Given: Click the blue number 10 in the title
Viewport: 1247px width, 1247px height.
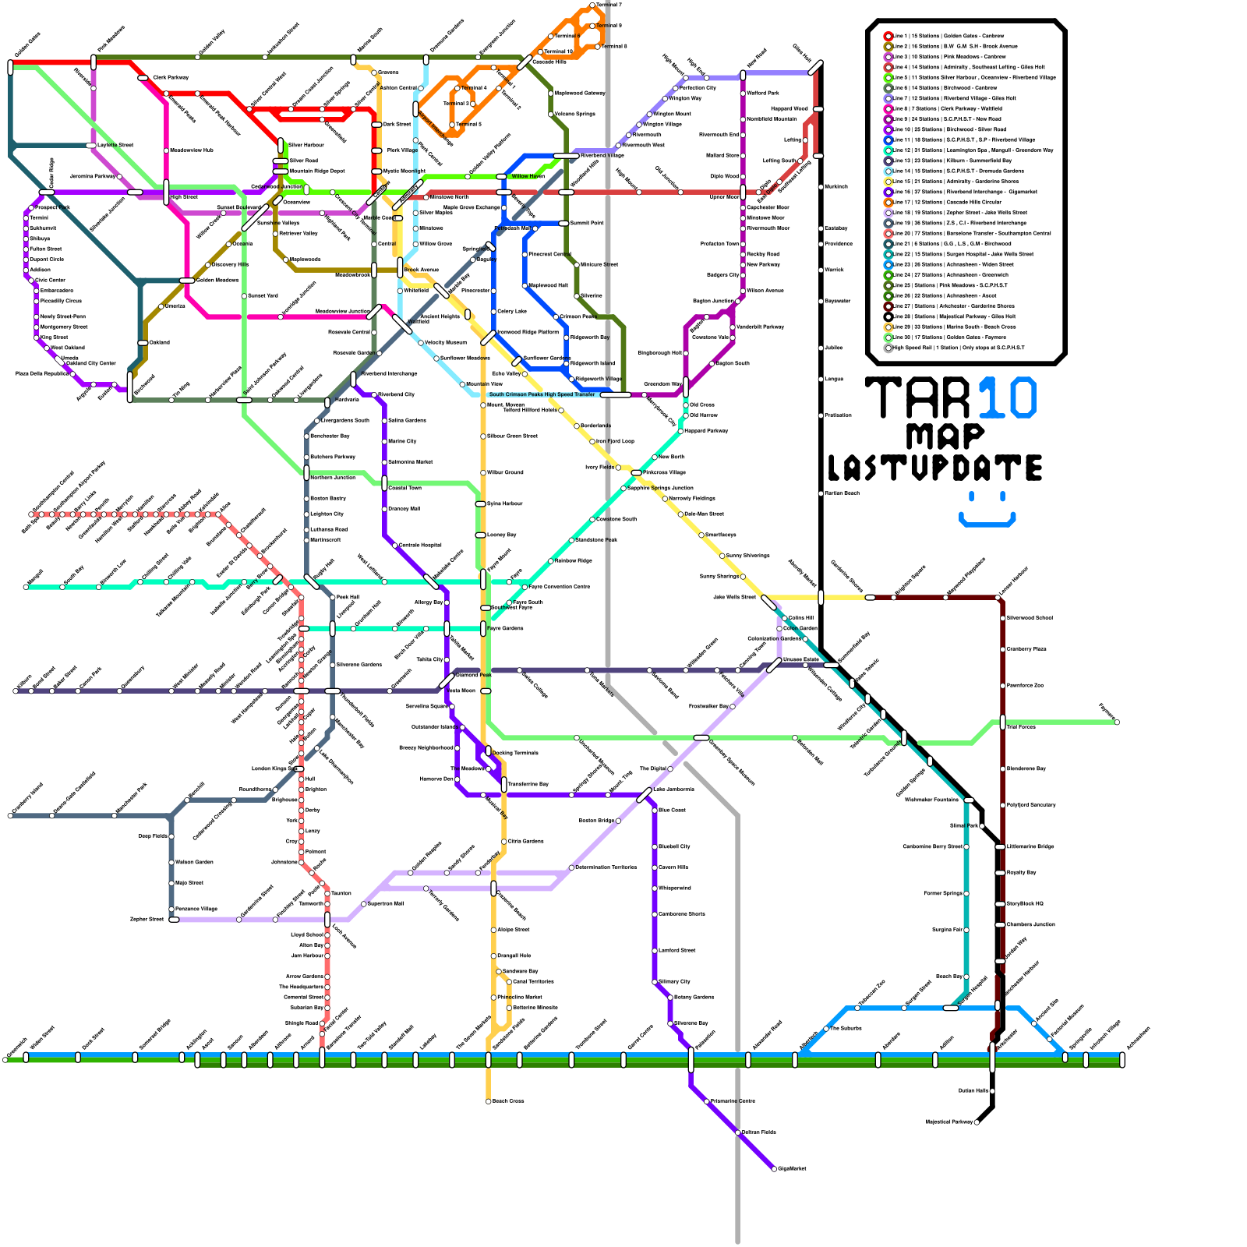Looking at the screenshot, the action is pyautogui.click(x=1007, y=397).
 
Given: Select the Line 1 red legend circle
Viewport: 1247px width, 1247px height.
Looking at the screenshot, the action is pyautogui.click(x=888, y=36).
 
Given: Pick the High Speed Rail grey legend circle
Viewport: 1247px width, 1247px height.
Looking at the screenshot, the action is pyautogui.click(x=888, y=348).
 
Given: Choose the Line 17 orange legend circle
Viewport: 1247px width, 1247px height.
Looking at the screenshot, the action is pyautogui.click(x=888, y=202).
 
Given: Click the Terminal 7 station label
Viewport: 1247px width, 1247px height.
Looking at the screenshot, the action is pyautogui.click(x=609, y=5).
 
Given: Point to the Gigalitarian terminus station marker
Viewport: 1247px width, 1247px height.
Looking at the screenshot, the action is pyautogui.click(x=774, y=1168).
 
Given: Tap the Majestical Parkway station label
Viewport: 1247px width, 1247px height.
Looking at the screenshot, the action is pyautogui.click(x=949, y=1122).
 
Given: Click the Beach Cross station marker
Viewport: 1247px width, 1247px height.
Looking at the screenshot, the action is pyautogui.click(x=489, y=1101).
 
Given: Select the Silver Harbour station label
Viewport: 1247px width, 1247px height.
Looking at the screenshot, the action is pyautogui.click(x=306, y=145).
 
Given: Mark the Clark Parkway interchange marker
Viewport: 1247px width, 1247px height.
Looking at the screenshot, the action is pyautogui.click(x=143, y=77).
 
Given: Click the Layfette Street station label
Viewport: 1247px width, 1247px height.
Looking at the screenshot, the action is pyautogui.click(x=115, y=145).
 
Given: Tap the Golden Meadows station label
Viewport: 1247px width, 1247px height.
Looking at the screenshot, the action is pyautogui.click(x=217, y=280).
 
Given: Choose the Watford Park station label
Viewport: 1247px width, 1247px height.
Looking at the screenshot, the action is pyautogui.click(x=762, y=93).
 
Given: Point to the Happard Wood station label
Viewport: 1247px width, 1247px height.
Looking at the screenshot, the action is pyautogui.click(x=789, y=108).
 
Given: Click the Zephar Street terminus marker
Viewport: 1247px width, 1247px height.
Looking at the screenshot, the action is pyautogui.click(x=174, y=919).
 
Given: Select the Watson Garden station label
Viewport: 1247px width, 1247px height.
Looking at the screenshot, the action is pyautogui.click(x=194, y=862).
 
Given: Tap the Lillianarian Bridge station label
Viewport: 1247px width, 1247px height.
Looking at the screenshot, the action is pyautogui.click(x=1030, y=846).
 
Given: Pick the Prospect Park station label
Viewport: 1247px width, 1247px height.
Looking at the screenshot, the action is pyautogui.click(x=52, y=207).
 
